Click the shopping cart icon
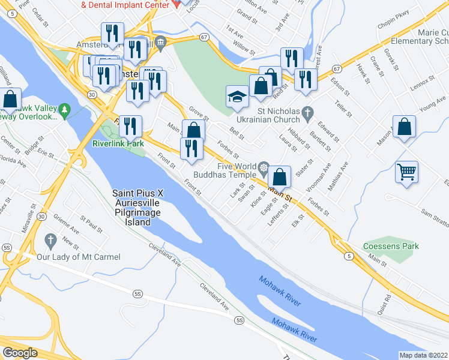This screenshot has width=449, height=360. (x=406, y=172)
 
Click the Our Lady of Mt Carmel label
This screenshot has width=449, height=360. (x=79, y=257)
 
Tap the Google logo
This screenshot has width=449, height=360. (x=20, y=353)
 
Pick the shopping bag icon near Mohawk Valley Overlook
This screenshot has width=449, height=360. (x=10, y=100)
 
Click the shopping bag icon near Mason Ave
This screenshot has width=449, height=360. (x=405, y=127)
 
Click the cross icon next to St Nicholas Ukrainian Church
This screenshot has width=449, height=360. (x=308, y=112)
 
